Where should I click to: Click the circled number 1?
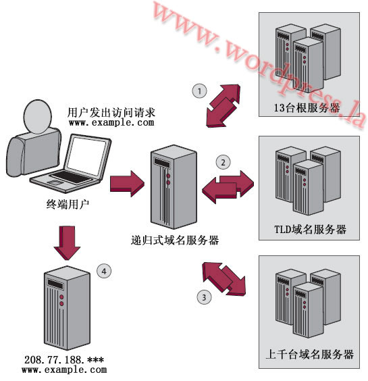[199, 91]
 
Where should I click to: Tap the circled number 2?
[223, 162]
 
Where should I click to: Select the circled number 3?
[204, 297]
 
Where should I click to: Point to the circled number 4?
[104, 271]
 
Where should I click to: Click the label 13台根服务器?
[307, 107]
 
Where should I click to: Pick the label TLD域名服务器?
[310, 229]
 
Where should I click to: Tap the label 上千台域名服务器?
[310, 354]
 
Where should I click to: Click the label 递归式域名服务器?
[175, 240]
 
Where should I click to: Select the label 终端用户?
[68, 204]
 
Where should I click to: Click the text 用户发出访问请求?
[111, 113]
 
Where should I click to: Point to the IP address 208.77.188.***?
[64, 359]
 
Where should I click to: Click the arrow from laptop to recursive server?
[127, 184]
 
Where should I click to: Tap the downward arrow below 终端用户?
[67, 243]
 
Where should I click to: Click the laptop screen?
[86, 156]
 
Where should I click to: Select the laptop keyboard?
[70, 176]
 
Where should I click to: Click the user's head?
[37, 117]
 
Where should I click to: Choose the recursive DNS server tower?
[174, 186]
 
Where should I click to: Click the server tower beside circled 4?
[67, 308]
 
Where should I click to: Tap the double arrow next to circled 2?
[228, 186]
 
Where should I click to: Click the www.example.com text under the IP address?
[64, 370]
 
